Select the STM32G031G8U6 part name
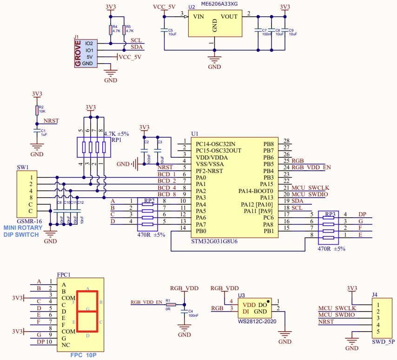point(215,241)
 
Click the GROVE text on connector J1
point(78,53)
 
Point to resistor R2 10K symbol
point(37,110)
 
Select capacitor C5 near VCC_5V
point(164,30)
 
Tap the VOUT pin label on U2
point(229,17)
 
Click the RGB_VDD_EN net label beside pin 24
point(311,167)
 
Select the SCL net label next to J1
point(136,40)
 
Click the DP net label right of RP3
point(363,214)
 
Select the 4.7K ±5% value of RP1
point(116,134)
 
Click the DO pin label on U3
point(263,304)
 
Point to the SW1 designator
point(22,167)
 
